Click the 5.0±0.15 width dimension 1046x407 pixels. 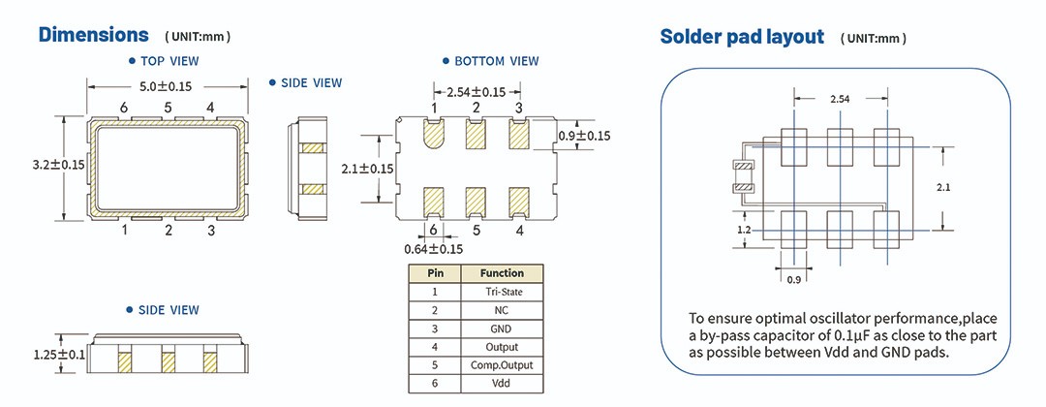click(x=168, y=86)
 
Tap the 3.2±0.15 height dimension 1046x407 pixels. click(x=58, y=165)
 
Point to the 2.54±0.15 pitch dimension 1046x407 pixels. click(x=476, y=91)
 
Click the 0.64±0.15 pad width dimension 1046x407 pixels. click(x=434, y=249)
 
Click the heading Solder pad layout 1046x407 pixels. click(x=741, y=37)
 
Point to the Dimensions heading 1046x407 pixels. click(x=93, y=35)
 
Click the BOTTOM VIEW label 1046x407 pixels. click(x=496, y=60)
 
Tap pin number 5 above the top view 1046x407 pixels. click(x=168, y=107)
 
